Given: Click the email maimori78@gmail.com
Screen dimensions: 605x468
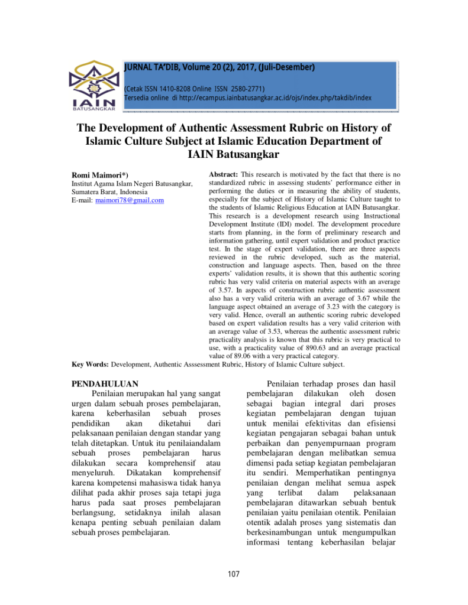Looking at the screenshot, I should tap(130, 200).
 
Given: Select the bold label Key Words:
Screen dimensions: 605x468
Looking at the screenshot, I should tap(91, 365).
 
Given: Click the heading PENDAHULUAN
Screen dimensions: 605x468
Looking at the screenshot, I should tap(105, 383).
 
